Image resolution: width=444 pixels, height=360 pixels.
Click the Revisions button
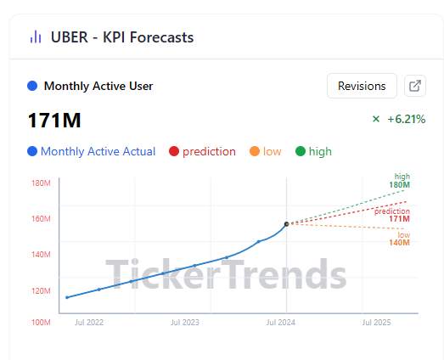(x=362, y=86)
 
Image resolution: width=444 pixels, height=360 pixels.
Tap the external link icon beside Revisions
(x=415, y=86)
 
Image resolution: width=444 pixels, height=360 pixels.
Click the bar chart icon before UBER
(x=36, y=37)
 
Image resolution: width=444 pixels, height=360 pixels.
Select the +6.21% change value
(x=407, y=119)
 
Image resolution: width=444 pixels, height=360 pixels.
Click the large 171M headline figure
(x=54, y=121)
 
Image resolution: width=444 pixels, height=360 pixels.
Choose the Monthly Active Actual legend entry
(x=92, y=151)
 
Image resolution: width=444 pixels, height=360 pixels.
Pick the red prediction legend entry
(x=202, y=151)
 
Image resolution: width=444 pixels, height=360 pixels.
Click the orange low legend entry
(x=266, y=151)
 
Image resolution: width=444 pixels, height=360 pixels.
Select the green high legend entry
(x=313, y=151)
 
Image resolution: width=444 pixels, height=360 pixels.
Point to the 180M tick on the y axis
(x=41, y=183)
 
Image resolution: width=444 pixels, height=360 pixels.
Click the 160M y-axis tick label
(x=41, y=219)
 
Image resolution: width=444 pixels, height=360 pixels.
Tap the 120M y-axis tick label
(x=41, y=291)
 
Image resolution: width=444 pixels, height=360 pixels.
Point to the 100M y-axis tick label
(x=41, y=323)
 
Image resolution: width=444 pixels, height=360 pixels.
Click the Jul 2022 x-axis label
(x=89, y=323)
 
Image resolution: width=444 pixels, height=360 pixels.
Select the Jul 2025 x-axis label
(x=376, y=323)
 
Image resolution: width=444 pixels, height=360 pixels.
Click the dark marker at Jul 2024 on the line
(x=287, y=224)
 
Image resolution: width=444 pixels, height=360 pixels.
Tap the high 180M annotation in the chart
(x=399, y=181)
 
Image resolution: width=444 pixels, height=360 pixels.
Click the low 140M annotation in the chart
(x=399, y=239)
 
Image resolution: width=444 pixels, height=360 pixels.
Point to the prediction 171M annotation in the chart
(x=392, y=215)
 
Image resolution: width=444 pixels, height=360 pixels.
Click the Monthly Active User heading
(x=98, y=86)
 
